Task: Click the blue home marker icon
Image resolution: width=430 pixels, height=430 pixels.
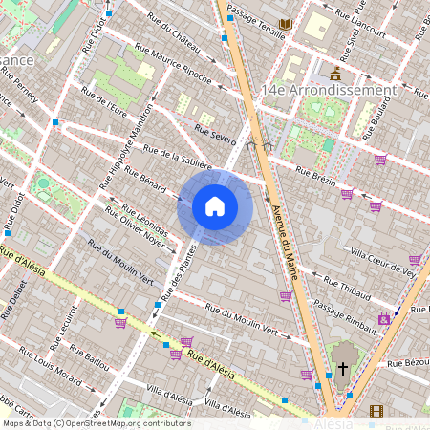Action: (214, 206)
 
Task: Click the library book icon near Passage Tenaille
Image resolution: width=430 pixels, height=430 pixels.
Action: (285, 23)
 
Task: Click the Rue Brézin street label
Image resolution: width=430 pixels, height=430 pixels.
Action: (316, 177)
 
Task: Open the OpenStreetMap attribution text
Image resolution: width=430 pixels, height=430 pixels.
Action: (96, 423)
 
